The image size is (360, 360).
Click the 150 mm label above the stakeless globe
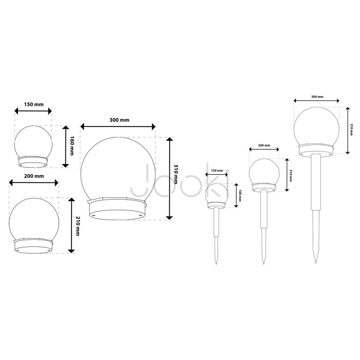pyautogui.click(x=34, y=104)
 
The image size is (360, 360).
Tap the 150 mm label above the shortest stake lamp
pyautogui.click(x=217, y=171)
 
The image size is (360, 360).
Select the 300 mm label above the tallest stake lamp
pyautogui.click(x=317, y=97)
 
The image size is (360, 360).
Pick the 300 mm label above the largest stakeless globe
pyautogui.click(x=119, y=120)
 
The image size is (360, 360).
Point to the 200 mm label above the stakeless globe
pyautogui.click(x=34, y=176)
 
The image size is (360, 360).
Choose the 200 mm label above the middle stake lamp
pyautogui.click(x=264, y=146)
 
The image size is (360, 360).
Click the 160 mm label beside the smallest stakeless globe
pyautogui.click(x=72, y=146)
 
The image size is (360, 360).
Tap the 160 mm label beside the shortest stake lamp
pyautogui.click(x=240, y=195)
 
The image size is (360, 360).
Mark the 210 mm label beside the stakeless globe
pyautogui.click(x=78, y=226)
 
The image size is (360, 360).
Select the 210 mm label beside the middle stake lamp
pyautogui.click(x=291, y=176)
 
